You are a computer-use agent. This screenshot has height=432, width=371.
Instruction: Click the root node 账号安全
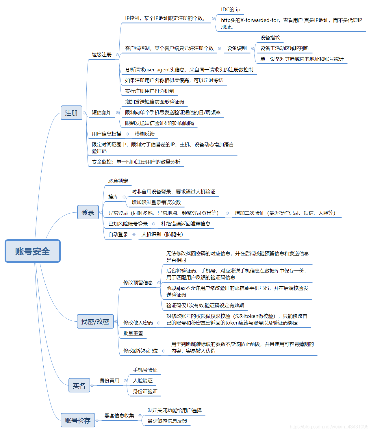pos(32,251)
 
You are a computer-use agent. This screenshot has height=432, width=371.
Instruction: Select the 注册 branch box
pos(71,113)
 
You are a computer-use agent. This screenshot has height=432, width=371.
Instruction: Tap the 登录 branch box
pos(88,212)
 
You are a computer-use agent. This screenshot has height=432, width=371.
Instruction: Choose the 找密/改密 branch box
pos(95,321)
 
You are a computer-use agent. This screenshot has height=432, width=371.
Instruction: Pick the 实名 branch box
pos(79,385)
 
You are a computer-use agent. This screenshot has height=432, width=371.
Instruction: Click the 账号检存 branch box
pos(78,420)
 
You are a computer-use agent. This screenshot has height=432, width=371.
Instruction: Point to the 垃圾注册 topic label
pos(102,54)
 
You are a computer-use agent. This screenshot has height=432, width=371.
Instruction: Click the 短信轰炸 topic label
pos(102,112)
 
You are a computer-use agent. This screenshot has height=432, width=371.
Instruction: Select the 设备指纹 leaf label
pos(270,38)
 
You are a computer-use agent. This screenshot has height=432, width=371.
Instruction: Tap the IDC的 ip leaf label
pos(231,10)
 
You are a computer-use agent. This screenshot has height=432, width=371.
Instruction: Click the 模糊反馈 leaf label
pos(145,134)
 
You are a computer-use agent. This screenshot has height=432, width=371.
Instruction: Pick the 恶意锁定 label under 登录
pos(118,181)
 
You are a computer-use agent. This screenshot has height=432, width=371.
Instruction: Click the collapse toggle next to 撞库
pos(124,197)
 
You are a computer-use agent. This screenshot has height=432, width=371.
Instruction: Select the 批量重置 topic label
pos(133,333)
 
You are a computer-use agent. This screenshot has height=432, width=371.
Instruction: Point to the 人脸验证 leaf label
pos(143,381)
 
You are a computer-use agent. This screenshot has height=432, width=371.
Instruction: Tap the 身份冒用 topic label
pos(110,381)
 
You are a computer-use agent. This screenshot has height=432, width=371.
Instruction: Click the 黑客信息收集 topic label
pos(119,416)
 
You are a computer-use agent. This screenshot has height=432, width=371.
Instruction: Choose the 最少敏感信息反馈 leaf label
pos(167,421)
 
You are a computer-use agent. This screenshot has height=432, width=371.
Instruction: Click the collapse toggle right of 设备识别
pos(253,48)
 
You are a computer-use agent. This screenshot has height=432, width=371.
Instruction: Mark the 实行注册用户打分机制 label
pos(150,91)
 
